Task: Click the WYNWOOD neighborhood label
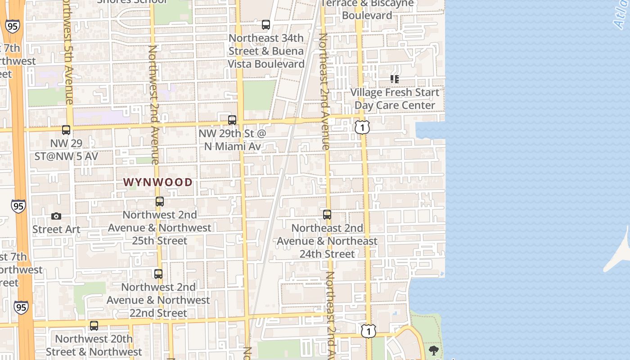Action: [158, 182]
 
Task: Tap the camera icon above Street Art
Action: [56, 216]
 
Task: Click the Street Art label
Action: [56, 229]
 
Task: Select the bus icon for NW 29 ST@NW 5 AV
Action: [66, 130]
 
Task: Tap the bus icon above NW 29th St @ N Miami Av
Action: [232, 120]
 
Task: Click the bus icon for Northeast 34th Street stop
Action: [266, 25]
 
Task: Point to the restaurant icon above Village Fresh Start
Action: [395, 79]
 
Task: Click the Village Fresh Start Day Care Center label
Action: [395, 99]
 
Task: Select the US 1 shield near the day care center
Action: [362, 127]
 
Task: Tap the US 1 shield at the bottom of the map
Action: [369, 332]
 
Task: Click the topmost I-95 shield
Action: [12, 26]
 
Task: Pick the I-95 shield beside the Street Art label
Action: [18, 207]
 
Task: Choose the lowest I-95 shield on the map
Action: [21, 307]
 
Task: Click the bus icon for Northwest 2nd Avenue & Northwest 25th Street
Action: [160, 202]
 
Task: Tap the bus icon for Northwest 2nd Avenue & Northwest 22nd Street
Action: [158, 274]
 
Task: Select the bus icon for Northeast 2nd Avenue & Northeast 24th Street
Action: [327, 215]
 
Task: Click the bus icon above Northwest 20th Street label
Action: [94, 326]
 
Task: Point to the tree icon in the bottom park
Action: [434, 351]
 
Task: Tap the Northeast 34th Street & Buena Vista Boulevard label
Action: [266, 51]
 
